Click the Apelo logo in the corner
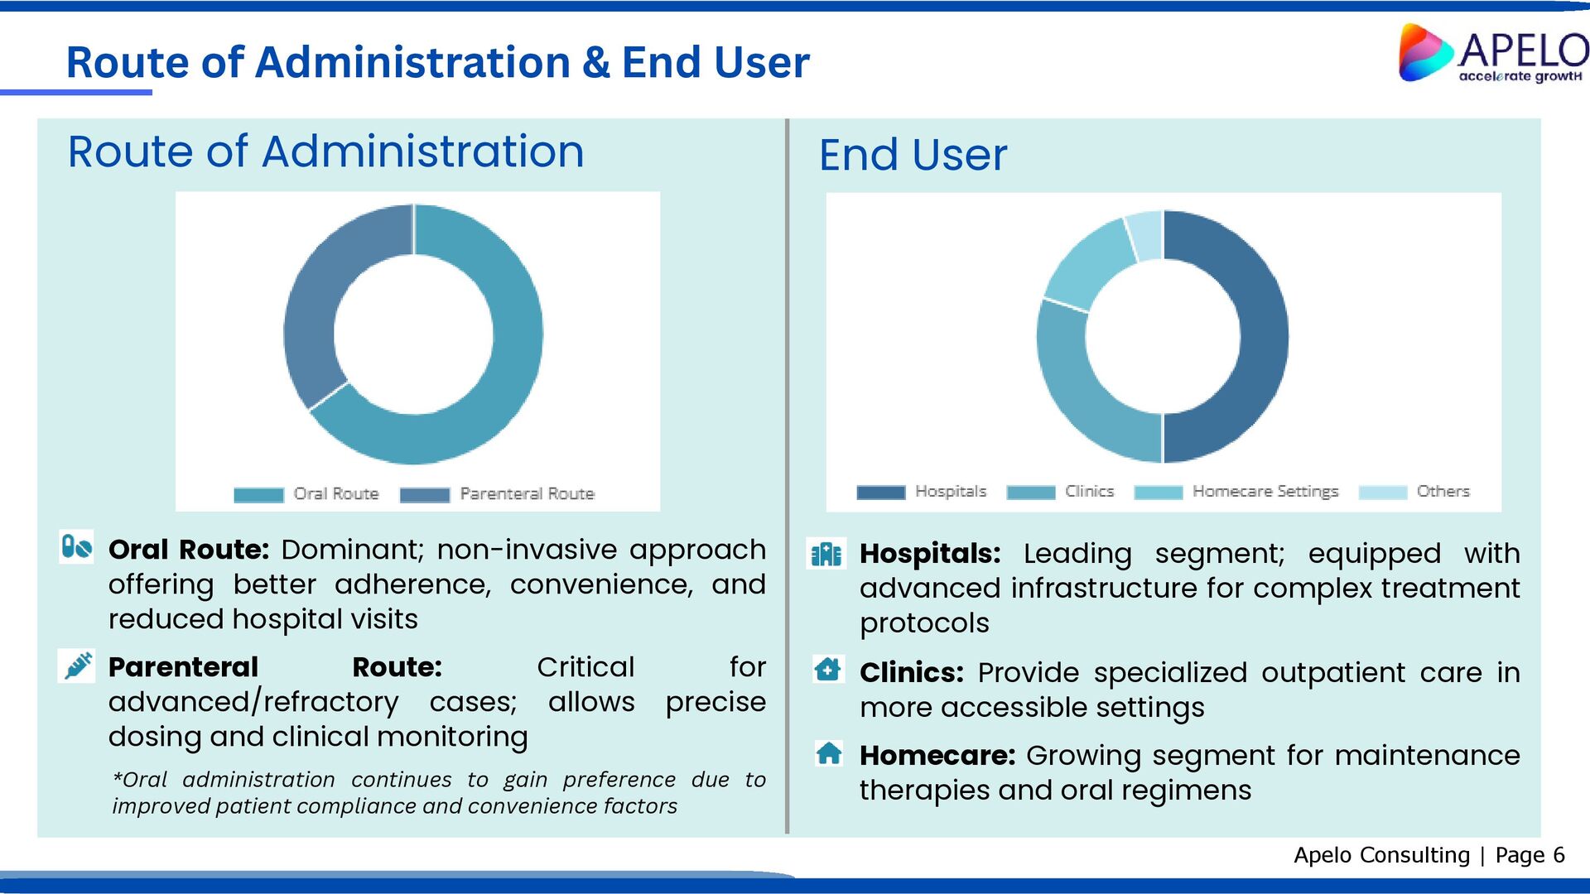[1491, 53]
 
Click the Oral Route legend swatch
[258, 495]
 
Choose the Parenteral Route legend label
[527, 494]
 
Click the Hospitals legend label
[951, 492]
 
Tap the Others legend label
[1443, 492]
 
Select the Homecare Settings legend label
[1265, 492]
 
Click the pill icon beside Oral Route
[76, 547]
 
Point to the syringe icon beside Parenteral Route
[78, 666]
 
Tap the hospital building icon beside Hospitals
[826, 554]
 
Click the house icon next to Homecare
[829, 753]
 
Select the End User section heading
[913, 155]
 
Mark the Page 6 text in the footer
[1530, 855]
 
